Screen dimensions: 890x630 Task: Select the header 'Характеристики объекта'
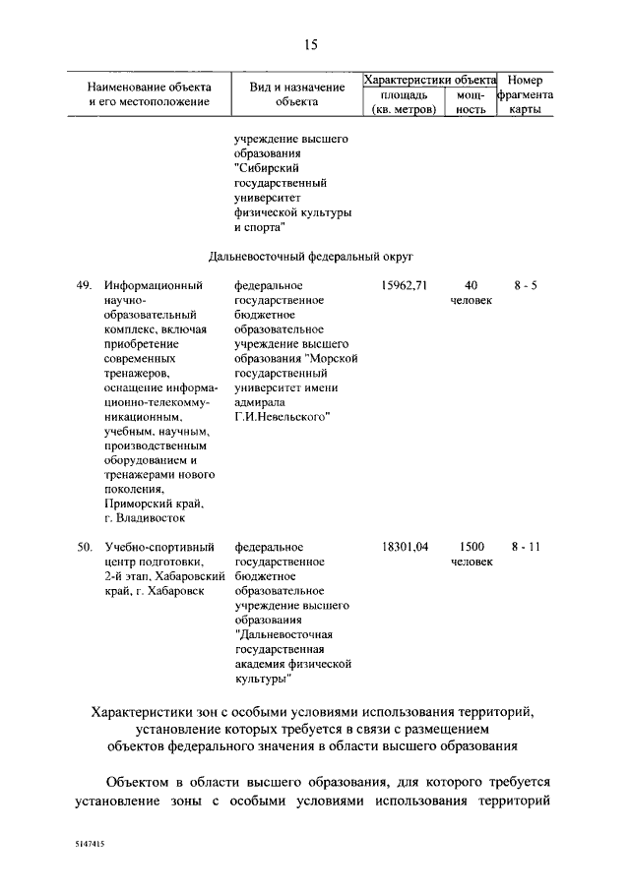pyautogui.click(x=429, y=80)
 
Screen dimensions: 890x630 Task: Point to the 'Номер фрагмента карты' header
pyautogui.click(x=525, y=94)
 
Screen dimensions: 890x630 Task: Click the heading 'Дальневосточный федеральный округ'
pyautogui.click(x=309, y=257)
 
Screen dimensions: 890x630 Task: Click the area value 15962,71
pyautogui.click(x=405, y=286)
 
